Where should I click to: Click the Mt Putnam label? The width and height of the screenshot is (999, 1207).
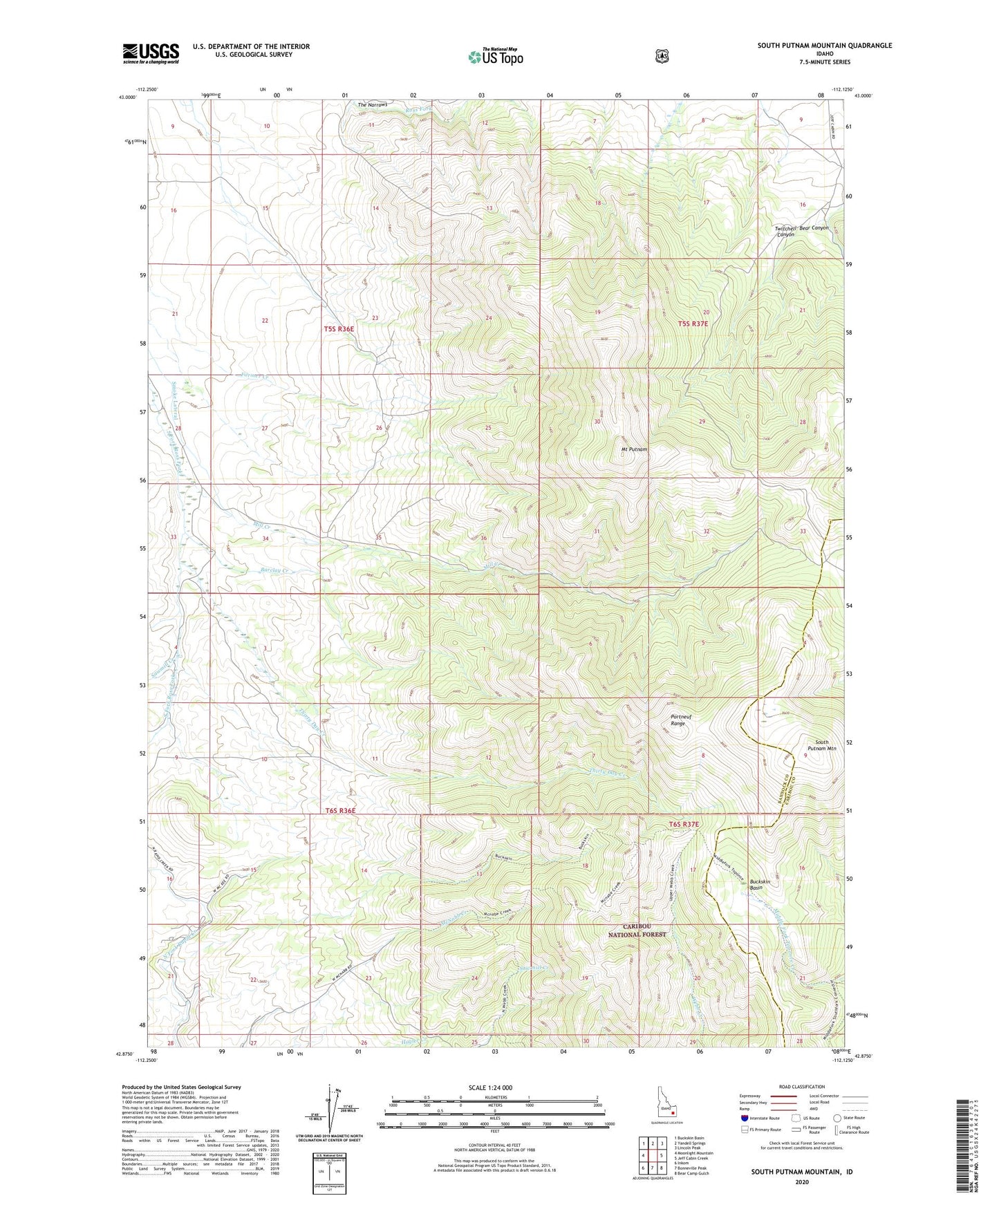[x=633, y=449]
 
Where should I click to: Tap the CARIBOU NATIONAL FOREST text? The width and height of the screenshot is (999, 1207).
[x=637, y=930]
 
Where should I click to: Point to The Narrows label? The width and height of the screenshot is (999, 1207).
[x=372, y=105]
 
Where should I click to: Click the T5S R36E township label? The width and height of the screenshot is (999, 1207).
[x=339, y=329]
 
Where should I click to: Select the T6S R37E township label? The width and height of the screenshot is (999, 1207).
[x=683, y=824]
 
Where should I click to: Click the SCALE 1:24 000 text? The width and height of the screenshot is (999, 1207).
[x=490, y=1087]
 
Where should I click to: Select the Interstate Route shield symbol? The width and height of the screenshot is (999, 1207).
[x=744, y=1118]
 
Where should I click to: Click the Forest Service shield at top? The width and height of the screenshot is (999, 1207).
[x=662, y=55]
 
